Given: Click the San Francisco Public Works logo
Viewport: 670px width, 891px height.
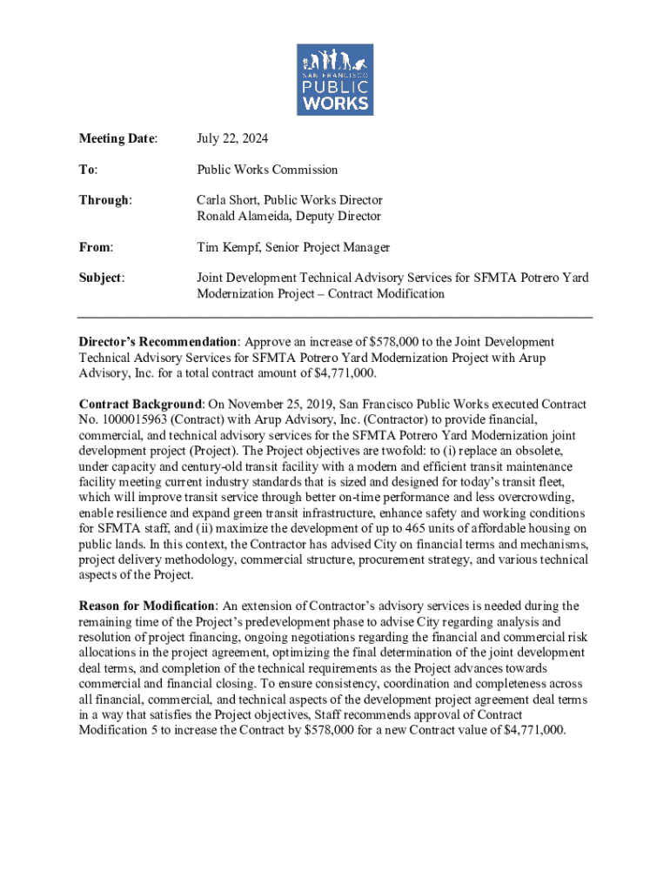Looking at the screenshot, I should [335, 79].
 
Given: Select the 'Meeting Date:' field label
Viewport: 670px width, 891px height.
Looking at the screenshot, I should [118, 138].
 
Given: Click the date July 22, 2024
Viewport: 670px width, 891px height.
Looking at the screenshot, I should [232, 138].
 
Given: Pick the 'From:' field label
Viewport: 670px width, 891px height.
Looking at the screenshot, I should [97, 247].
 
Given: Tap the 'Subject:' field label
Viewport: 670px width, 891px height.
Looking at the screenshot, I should [102, 278].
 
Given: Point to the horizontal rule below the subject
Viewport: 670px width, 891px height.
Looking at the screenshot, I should [335, 318].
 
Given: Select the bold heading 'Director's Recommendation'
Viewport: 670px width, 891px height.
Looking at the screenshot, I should [157, 342].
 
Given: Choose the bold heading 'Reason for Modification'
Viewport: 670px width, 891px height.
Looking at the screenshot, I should [147, 606].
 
